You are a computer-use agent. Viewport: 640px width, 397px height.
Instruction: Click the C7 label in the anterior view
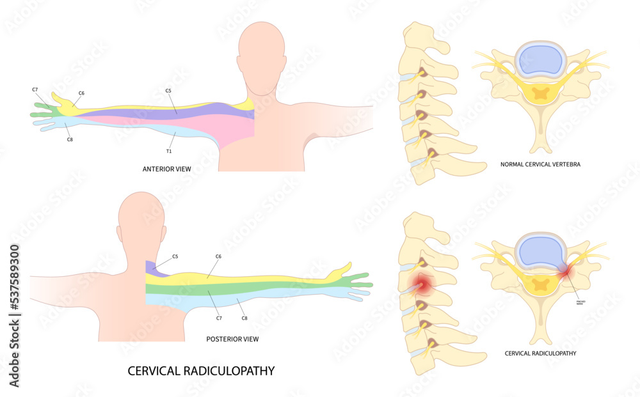pyautogui.click(x=35, y=90)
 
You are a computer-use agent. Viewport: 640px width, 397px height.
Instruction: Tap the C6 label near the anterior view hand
pyautogui.click(x=81, y=93)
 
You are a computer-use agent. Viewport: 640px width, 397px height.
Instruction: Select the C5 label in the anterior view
pyautogui.click(x=168, y=91)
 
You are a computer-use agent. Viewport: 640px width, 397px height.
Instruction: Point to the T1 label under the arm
pyautogui.click(x=169, y=152)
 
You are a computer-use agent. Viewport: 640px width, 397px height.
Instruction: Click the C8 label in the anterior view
pyautogui.click(x=70, y=139)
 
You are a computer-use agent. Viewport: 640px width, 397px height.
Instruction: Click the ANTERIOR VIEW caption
pyautogui.click(x=166, y=169)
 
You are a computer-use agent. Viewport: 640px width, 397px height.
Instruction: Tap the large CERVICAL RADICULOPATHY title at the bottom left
pyautogui.click(x=201, y=371)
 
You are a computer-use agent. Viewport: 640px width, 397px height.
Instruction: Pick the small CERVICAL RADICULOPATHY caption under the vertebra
pyautogui.click(x=541, y=353)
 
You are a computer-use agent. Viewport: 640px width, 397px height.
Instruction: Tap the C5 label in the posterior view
pyautogui.click(x=175, y=256)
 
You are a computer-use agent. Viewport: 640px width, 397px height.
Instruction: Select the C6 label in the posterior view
pyautogui.click(x=218, y=256)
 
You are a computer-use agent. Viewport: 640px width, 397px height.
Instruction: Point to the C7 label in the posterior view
pyautogui.click(x=218, y=317)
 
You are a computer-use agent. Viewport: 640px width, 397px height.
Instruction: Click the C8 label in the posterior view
pyautogui.click(x=244, y=317)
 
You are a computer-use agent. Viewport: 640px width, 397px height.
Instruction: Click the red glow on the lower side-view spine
pyautogui.click(x=420, y=283)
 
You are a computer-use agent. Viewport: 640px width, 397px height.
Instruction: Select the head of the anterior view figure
pyautogui.click(x=260, y=48)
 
